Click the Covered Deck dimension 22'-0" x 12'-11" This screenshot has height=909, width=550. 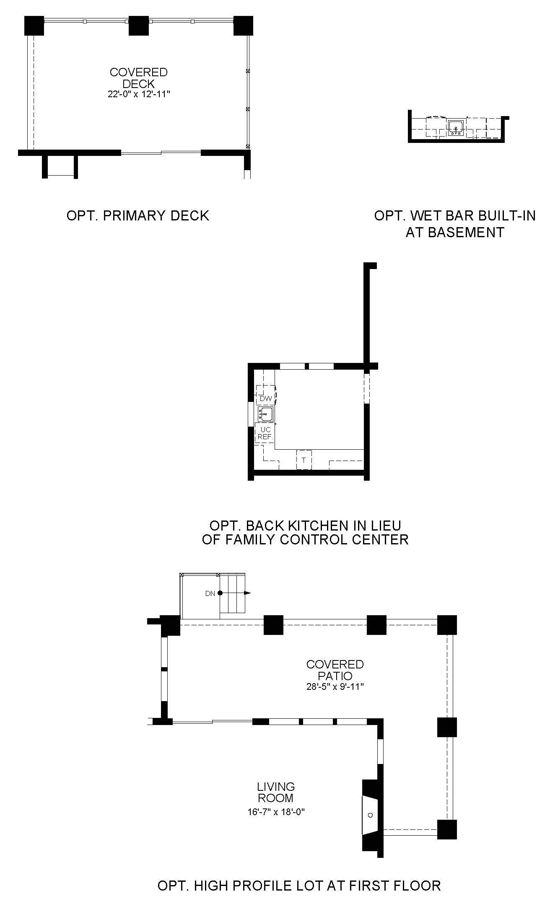138,95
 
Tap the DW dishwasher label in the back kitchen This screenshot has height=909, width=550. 266,398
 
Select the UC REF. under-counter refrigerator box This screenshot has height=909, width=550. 265,433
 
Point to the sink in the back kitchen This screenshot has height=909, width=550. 265,414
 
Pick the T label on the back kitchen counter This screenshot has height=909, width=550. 304,460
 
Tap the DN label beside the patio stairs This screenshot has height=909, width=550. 210,593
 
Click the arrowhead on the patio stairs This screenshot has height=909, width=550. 247,593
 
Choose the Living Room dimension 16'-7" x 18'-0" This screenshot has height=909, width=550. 276,812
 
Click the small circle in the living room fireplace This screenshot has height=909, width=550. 370,815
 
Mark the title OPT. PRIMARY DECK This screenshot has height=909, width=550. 138,215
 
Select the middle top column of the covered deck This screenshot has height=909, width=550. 139,26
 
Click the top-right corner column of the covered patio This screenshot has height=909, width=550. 447,625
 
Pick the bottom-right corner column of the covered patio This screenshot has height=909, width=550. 447,829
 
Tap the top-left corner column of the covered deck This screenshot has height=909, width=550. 34,26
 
